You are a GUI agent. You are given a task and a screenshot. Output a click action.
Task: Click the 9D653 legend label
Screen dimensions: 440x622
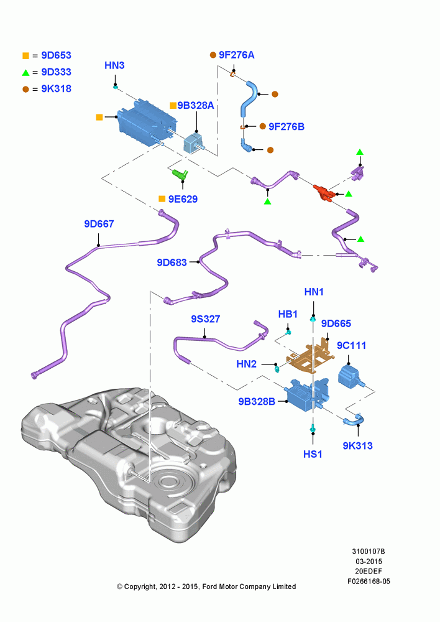(x=57, y=55)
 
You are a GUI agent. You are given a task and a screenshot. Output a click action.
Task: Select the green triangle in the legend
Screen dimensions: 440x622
(x=25, y=73)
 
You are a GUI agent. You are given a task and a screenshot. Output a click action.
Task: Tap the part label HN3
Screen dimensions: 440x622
(x=114, y=65)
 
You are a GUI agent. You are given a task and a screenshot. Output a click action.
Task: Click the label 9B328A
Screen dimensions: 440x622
(x=196, y=106)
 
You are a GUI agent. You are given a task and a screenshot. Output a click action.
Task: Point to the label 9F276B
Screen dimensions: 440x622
(x=286, y=126)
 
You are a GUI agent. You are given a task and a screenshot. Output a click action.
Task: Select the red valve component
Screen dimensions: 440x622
(x=324, y=192)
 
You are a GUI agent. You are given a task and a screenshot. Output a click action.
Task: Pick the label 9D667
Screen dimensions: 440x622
(x=99, y=224)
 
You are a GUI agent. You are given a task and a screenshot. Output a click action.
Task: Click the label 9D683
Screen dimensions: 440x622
(x=172, y=262)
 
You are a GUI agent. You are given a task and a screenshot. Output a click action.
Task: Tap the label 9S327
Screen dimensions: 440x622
(x=205, y=319)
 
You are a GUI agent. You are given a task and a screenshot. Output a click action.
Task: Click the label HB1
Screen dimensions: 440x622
(x=288, y=315)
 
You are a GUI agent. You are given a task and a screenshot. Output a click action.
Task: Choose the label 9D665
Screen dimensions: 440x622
(x=336, y=323)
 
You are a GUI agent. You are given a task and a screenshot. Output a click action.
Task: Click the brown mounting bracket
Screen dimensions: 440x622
(x=310, y=355)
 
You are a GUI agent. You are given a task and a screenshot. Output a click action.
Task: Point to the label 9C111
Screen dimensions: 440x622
(x=351, y=346)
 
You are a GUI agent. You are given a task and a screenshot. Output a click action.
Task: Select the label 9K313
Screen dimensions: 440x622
(x=357, y=446)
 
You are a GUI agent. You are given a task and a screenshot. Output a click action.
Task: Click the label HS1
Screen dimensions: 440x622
(x=313, y=454)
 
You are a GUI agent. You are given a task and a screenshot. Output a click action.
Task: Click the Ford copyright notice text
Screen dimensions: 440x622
(x=206, y=587)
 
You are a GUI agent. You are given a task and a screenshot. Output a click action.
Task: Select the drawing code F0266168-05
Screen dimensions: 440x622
(x=369, y=582)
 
